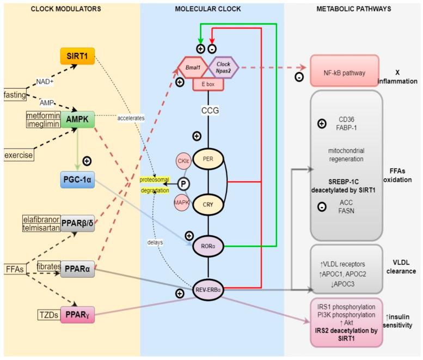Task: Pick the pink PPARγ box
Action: click(77, 315)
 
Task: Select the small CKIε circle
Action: click(182, 161)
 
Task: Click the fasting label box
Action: click(15, 95)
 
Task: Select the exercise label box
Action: click(17, 156)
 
